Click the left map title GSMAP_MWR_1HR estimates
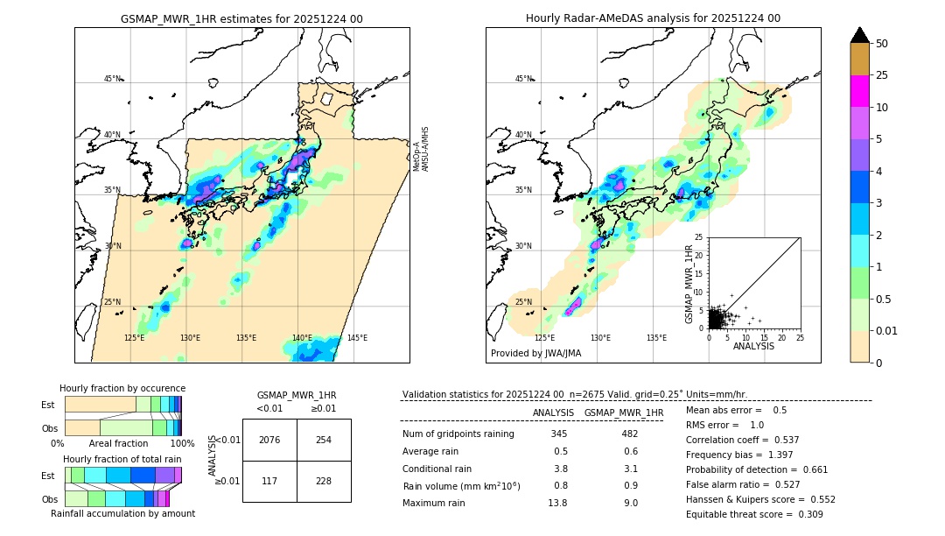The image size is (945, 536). coord(241,18)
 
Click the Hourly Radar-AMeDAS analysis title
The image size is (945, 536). coord(653,18)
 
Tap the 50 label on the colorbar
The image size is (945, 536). coord(882,44)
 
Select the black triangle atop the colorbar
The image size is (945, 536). coord(860,35)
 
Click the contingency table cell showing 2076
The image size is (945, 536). coord(269,440)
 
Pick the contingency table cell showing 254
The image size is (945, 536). coord(324,440)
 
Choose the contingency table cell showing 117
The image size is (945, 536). coord(269,481)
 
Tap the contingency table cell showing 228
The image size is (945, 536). coord(324,481)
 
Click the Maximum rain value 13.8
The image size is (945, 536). coord(558,503)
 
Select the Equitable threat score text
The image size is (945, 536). coord(754,514)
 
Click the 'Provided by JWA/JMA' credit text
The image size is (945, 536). coord(535,353)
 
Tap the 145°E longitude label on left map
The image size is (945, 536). coord(357,338)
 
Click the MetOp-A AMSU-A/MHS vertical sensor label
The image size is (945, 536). coord(421,149)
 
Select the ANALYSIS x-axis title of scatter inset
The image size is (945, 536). coord(754,347)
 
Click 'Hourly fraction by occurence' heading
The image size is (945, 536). coord(122,388)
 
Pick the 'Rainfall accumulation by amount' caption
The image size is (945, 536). coord(122,513)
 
